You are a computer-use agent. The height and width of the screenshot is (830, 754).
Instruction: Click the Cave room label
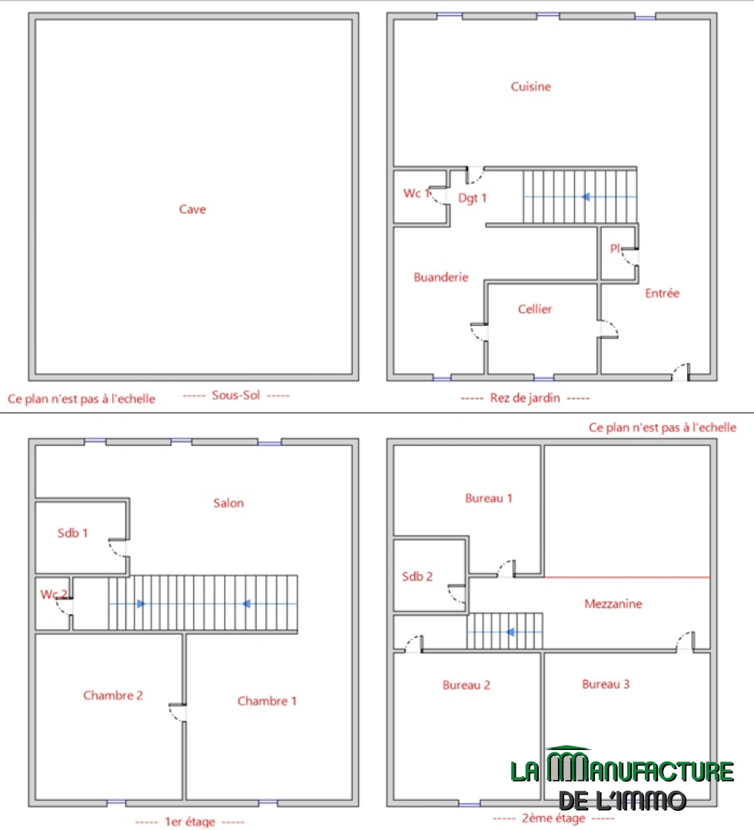(x=192, y=209)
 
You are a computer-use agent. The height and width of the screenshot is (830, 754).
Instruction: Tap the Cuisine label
(x=530, y=86)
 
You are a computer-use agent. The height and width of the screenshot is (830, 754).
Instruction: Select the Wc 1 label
(x=417, y=193)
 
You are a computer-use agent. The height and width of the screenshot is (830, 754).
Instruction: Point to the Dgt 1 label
(x=473, y=198)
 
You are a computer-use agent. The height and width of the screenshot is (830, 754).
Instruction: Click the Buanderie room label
(x=441, y=277)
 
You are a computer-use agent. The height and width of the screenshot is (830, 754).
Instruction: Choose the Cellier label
(x=535, y=309)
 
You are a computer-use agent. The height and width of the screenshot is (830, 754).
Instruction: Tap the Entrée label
(x=662, y=294)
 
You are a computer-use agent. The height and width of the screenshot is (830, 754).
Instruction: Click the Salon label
(x=229, y=503)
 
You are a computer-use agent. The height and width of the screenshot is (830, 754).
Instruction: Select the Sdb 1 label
(x=72, y=533)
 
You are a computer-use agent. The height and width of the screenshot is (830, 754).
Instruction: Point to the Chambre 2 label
(x=113, y=696)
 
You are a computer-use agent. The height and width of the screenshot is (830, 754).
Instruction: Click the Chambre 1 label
(x=267, y=702)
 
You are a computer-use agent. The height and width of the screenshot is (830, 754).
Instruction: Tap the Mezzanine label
(x=613, y=604)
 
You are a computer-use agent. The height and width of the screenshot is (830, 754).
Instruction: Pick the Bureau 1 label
(x=489, y=498)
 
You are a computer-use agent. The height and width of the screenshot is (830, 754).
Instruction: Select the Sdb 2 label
(x=417, y=576)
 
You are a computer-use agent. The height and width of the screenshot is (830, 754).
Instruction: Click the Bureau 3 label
(x=606, y=685)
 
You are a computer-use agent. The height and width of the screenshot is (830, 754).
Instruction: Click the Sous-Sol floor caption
(x=236, y=396)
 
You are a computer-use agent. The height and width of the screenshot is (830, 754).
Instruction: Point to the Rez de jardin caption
(x=525, y=398)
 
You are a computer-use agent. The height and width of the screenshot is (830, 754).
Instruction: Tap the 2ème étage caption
(x=553, y=818)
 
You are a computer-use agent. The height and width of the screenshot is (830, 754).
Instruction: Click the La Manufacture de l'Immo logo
(x=622, y=778)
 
